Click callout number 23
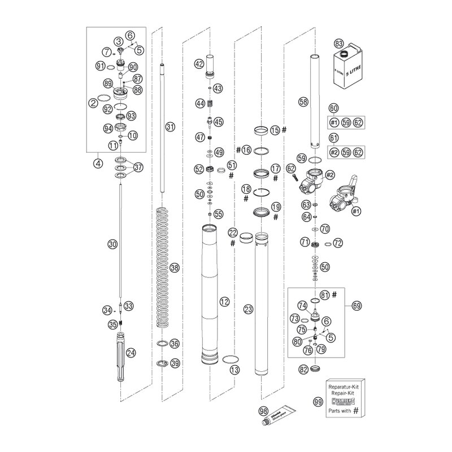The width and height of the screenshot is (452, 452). coord(247,309)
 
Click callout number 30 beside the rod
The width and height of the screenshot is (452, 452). coord(112,244)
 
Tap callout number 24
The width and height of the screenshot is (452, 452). coord(131,353)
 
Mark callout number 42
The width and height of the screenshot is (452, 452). coord(199,64)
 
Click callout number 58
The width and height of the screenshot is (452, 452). coord(304,102)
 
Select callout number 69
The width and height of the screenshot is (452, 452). coord(355,306)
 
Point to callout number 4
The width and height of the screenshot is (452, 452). coord(99,166)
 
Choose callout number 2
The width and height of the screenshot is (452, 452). coord(92,102)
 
